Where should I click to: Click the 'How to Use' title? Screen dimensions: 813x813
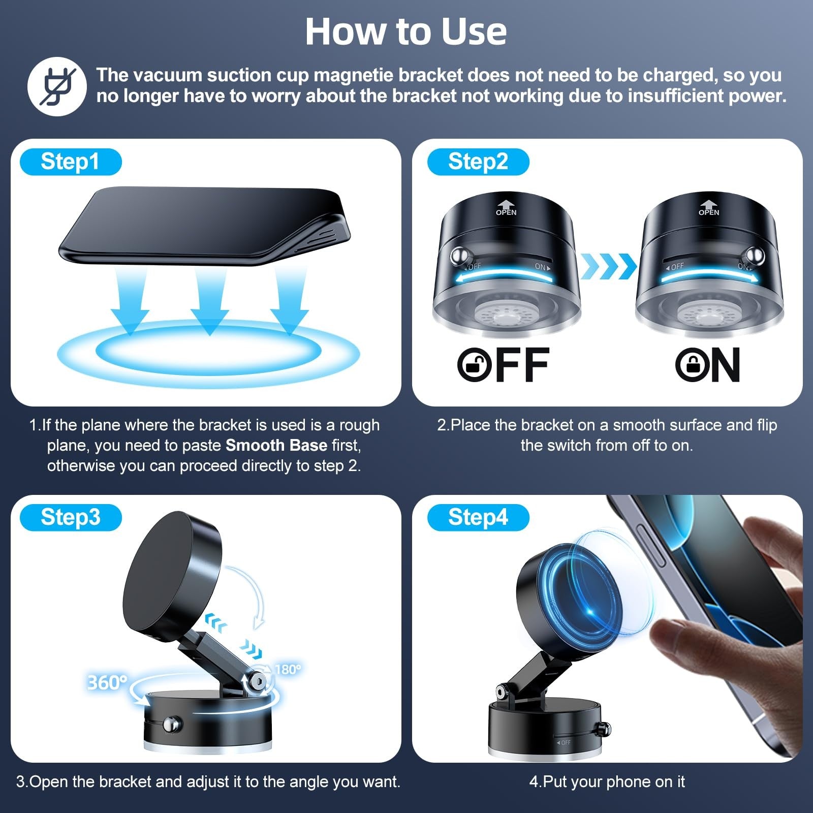click(x=405, y=32)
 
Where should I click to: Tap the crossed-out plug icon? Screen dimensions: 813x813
click(x=57, y=86)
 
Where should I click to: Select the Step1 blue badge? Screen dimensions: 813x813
click(x=70, y=162)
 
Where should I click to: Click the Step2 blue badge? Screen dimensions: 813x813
click(x=478, y=162)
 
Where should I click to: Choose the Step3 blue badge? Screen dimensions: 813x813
click(x=70, y=517)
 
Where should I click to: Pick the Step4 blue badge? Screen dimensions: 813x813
click(x=478, y=517)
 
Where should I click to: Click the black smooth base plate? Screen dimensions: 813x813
click(x=203, y=224)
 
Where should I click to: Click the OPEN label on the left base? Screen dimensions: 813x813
click(x=506, y=212)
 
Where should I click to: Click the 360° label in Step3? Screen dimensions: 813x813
click(x=107, y=682)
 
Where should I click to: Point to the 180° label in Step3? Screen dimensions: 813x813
click(x=288, y=669)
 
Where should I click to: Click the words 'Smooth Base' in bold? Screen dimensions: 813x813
click(x=276, y=446)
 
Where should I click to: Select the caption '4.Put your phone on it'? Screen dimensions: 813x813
click(x=607, y=781)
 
